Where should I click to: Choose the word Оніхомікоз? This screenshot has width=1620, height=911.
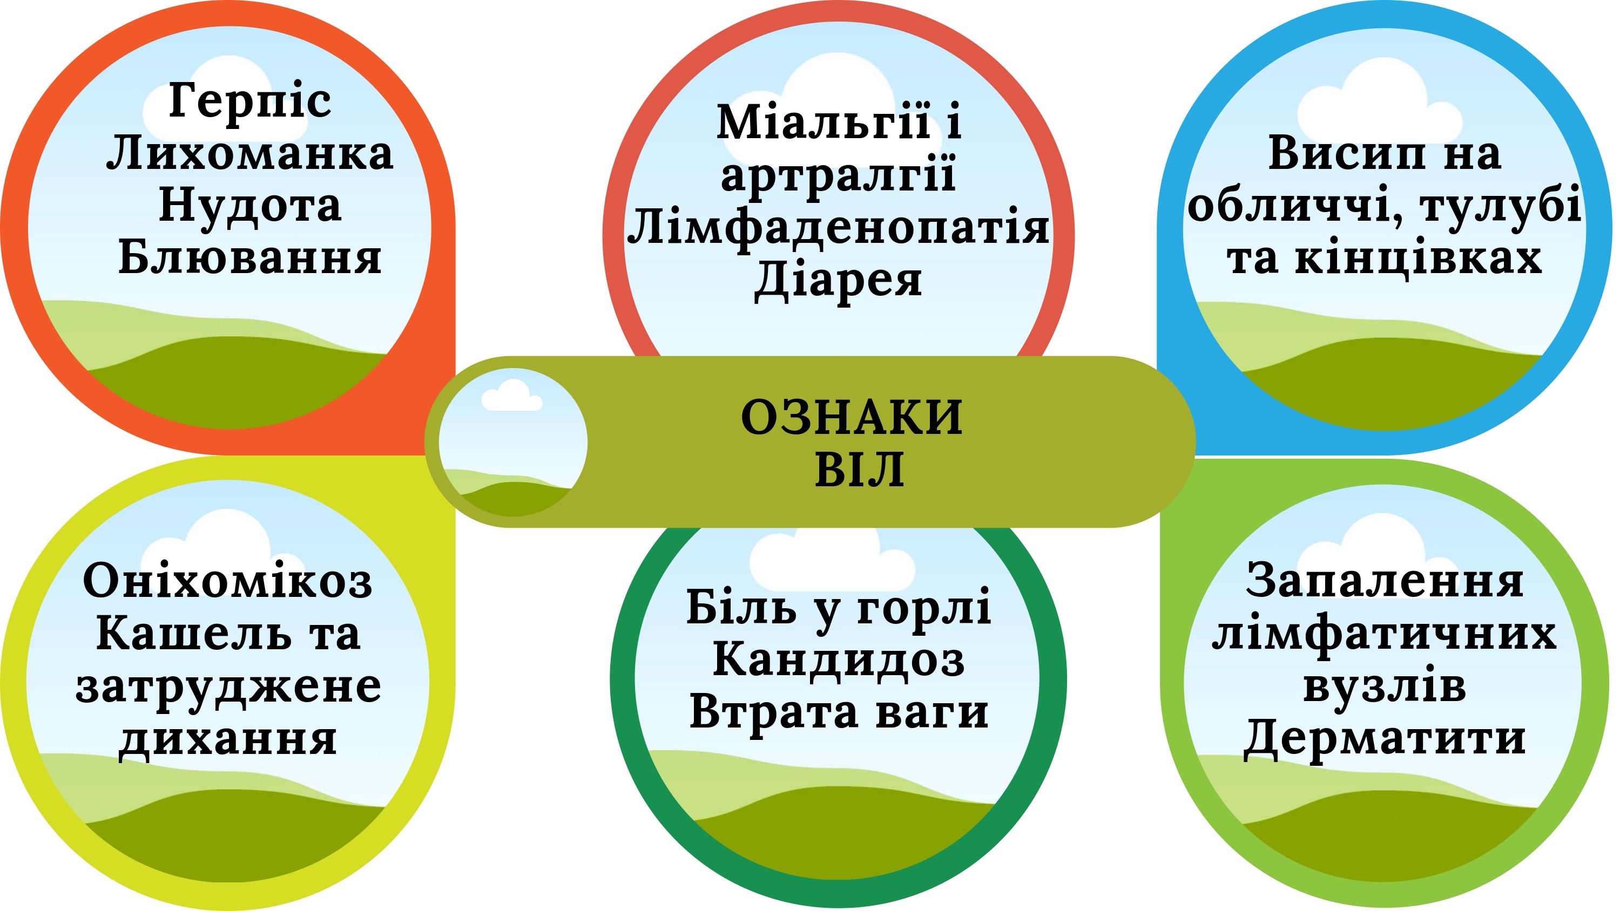[228, 580]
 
